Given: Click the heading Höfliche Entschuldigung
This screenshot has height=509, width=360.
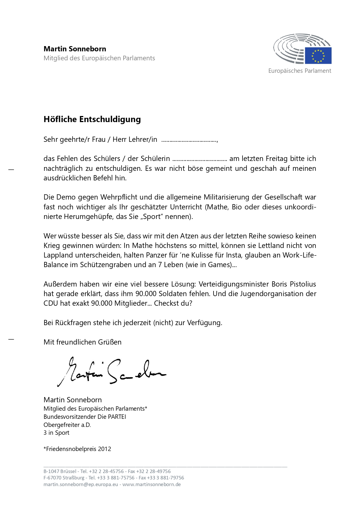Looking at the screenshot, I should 92,119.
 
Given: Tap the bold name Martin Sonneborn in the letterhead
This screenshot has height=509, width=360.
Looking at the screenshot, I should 75,49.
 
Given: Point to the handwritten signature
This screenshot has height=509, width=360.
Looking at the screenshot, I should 112,372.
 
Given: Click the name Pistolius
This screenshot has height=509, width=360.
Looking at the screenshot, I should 298,284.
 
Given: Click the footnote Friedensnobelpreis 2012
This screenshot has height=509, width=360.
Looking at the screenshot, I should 77,449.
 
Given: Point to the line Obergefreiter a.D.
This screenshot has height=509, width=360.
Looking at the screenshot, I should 67,425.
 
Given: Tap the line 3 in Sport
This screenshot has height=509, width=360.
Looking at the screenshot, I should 56,433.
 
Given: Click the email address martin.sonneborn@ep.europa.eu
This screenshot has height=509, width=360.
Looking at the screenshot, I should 81,484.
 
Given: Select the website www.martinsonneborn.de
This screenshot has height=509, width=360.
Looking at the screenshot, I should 151,484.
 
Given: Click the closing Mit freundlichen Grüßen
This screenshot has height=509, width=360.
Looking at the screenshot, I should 82,342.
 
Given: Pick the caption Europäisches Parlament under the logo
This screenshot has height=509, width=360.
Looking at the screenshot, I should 299,71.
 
